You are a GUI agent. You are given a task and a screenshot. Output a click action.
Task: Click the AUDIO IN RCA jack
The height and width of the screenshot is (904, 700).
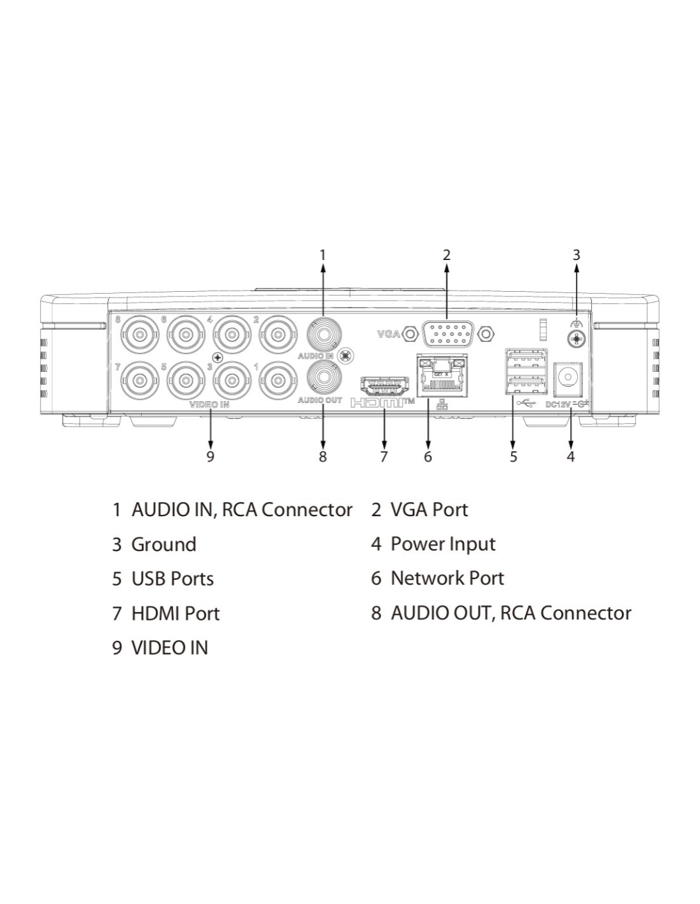click(324, 334)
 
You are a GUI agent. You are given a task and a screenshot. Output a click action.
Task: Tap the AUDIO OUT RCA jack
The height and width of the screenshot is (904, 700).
click(324, 378)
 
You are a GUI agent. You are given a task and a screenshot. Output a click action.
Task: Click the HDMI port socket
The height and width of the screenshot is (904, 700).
click(384, 386)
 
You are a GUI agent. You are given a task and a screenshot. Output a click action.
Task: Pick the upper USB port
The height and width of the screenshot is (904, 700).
click(526, 357)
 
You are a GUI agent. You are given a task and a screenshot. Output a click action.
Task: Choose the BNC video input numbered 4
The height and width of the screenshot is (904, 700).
click(232, 334)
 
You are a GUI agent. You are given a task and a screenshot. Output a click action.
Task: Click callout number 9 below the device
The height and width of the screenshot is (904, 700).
click(210, 456)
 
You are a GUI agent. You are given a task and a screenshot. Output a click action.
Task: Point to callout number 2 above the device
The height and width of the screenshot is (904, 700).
click(446, 254)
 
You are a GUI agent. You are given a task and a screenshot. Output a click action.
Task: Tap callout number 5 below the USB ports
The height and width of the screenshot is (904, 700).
click(514, 456)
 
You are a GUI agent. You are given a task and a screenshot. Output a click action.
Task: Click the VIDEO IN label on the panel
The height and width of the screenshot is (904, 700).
click(209, 405)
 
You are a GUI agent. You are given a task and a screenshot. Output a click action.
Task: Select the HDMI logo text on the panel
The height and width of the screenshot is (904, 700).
click(382, 402)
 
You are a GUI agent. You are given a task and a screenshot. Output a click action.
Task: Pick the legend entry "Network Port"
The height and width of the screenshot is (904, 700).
click(447, 579)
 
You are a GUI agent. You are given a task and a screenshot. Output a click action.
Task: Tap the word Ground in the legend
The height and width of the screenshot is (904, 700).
click(164, 545)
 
